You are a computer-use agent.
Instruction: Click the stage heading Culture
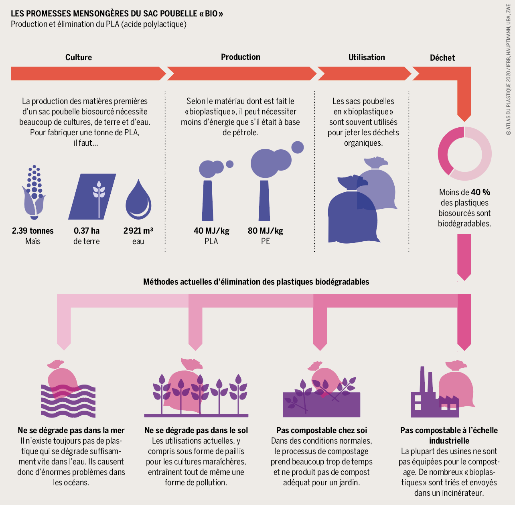click(x=79, y=57)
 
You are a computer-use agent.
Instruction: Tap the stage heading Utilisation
click(x=367, y=57)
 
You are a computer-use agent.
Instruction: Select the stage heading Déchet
click(x=442, y=57)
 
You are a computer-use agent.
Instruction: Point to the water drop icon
click(x=138, y=200)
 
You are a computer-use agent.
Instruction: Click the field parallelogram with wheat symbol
click(x=92, y=197)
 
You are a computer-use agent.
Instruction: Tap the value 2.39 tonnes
click(x=32, y=230)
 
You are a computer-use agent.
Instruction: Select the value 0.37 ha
click(x=87, y=230)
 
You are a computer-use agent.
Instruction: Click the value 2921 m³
click(x=138, y=230)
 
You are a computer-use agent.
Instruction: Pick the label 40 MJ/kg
click(x=211, y=230)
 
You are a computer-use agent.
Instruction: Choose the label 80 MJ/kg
click(x=266, y=230)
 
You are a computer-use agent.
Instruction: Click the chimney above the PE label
click(x=264, y=201)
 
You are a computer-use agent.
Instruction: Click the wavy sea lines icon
click(x=68, y=401)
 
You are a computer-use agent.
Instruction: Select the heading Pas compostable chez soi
click(x=322, y=430)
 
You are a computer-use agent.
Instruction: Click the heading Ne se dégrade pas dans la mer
click(x=71, y=430)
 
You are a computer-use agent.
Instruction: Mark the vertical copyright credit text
click(x=508, y=69)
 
